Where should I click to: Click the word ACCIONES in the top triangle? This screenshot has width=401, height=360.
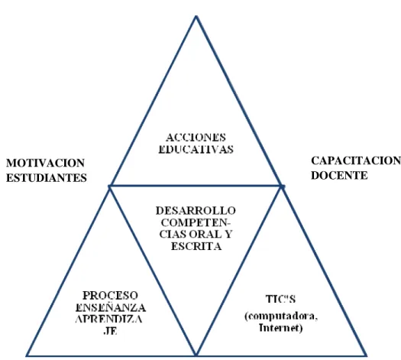coord(196,138)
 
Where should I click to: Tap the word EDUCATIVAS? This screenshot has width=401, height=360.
coord(196,149)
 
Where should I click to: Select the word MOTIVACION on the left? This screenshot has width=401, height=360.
coord(45,163)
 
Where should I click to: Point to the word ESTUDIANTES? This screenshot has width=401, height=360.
coord(47,178)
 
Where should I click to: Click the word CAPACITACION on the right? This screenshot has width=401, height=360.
coord(356,161)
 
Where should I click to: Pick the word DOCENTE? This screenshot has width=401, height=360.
coord(339,176)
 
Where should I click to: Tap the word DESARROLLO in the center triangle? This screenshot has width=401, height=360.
coord(196,211)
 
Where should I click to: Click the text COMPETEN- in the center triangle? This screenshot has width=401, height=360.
coord(196,222)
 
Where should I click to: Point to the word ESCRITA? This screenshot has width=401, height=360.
coord(196,246)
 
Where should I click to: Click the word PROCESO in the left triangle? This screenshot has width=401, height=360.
coord(110,296)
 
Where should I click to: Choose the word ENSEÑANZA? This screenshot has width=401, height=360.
coord(111,307)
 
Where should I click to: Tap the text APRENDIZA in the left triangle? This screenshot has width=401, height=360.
coord(109,319)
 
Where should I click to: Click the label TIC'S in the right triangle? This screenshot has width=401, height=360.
coord(280,299)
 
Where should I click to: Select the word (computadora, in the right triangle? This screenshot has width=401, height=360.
coord(281,316)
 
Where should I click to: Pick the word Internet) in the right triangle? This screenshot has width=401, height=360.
coord(280,328)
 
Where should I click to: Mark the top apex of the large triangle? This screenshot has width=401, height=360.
coord(196,16)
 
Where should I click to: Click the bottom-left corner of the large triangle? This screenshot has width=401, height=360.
coord(27,355)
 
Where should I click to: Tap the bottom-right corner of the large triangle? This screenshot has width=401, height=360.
coord(366,355)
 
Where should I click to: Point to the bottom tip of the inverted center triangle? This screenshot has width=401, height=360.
coord(196,355)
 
